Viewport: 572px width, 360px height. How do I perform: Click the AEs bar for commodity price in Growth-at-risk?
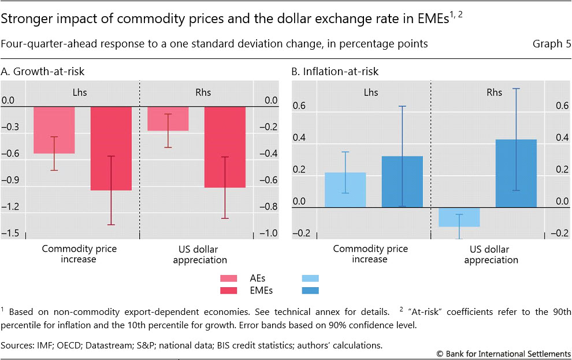pyautogui.click(x=54, y=130)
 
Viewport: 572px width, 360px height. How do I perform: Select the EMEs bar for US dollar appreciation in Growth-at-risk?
pyautogui.click(x=225, y=147)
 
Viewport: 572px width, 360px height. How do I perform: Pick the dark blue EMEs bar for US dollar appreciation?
pyautogui.click(x=515, y=173)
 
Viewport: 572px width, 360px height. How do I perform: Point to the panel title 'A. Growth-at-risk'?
pyautogui.click(x=43, y=72)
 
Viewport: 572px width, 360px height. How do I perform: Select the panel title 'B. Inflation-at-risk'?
pyautogui.click(x=335, y=72)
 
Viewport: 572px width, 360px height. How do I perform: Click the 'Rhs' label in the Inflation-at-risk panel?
pyautogui.click(x=495, y=91)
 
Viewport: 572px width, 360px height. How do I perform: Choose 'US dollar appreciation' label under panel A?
pyautogui.click(x=199, y=254)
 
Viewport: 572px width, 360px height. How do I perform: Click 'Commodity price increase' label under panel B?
pyautogui.click(x=370, y=254)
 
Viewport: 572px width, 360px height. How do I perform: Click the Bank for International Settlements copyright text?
pyautogui.click(x=503, y=352)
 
